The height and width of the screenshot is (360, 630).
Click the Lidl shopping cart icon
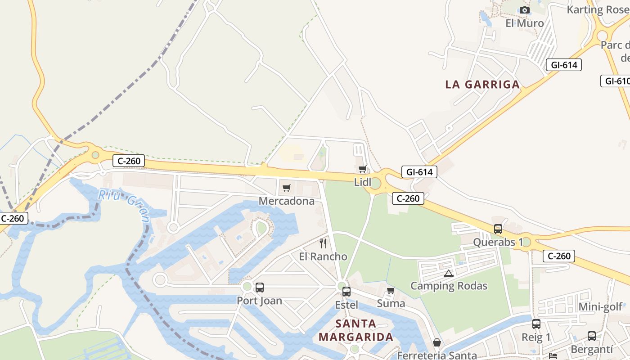click(362, 169)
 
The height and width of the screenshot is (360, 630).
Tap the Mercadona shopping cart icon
click(286, 188)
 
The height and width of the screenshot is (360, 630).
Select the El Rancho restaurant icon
click(323, 243)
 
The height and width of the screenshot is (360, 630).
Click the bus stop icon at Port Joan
click(260, 288)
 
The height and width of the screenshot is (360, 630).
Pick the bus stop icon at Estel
click(346, 291)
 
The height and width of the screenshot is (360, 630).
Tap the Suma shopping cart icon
click(391, 291)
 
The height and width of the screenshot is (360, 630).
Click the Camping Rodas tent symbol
click(448, 273)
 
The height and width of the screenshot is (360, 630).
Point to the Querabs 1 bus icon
click(498, 229)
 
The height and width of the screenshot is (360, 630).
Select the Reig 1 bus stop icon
click(536, 324)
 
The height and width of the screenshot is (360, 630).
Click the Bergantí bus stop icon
click(591, 336)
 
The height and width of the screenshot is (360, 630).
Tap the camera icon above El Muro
click(524, 10)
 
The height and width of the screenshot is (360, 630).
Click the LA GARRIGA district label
click(482, 84)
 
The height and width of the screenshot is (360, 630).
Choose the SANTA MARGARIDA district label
click(355, 330)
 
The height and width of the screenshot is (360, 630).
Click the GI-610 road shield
click(616, 81)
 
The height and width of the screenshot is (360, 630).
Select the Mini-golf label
click(600, 307)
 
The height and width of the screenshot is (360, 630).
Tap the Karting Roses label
click(598, 9)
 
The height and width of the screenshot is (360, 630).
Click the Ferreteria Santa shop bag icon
click(436, 343)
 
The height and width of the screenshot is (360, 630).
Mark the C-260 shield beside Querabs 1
click(559, 256)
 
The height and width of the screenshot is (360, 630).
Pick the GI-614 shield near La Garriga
click(564, 65)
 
